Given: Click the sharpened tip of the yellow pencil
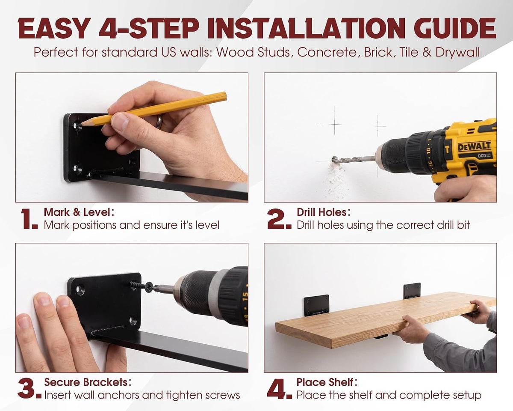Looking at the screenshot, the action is coord(82,124).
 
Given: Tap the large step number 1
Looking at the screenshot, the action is coord(29,219).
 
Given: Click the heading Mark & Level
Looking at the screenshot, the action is coord(79,212).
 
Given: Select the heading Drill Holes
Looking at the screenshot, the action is coord(324,212).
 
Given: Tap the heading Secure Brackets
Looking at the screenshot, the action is coord(88,382).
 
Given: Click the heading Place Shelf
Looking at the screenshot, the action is coord(327,382).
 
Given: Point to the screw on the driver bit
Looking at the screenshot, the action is coord(142,286).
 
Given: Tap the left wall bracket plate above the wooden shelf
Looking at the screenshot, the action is coord(317,306).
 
